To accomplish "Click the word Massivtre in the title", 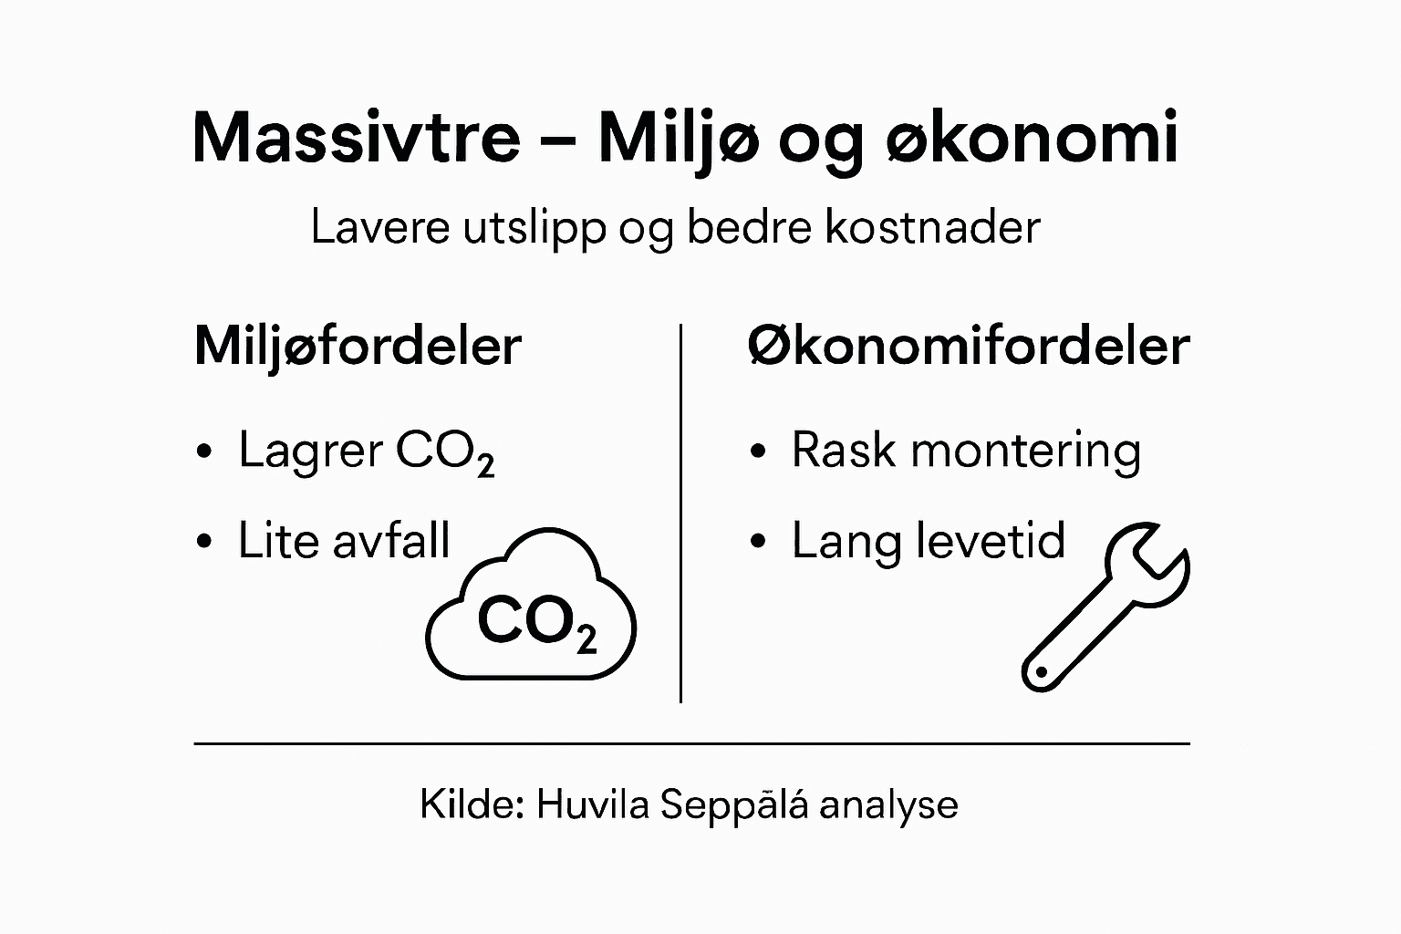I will [356, 138].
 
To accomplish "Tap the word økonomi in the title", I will [1033, 140].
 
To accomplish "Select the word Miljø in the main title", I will [677, 140].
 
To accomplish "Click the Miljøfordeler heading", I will [358, 347].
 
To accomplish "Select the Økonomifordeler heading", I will [968, 347].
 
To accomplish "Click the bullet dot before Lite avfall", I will [204, 542].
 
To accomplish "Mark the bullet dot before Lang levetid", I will [757, 542].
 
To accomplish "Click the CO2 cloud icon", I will [532, 611].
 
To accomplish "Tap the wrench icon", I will [1105, 606].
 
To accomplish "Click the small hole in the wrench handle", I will [1037, 673].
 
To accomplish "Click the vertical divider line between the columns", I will [680, 511].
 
